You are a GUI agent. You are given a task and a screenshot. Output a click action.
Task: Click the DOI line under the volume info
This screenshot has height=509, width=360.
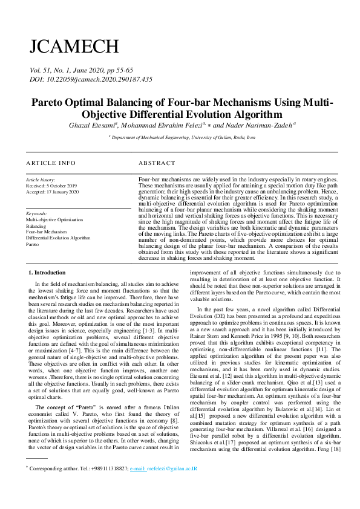87,79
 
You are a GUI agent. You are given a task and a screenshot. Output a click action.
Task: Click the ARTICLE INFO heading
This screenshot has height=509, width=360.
51,163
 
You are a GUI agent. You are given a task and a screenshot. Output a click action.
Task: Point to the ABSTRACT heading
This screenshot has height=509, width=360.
157,163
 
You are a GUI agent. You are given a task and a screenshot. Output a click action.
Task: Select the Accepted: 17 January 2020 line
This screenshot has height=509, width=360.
53,192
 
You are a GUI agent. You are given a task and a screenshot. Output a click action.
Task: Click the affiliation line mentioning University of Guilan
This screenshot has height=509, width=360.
182,138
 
